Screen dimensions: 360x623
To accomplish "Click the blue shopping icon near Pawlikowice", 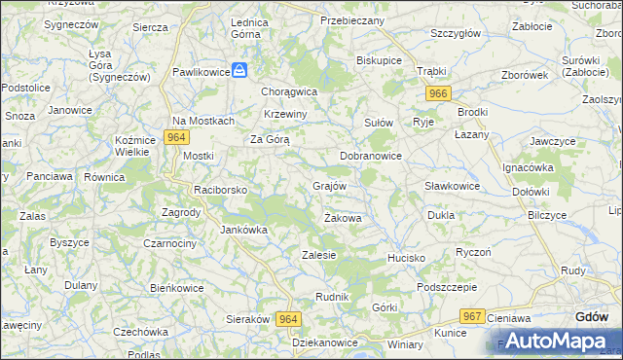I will pyautogui.click(x=242, y=71).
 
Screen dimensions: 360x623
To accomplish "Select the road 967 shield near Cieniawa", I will pyautogui.click(x=473, y=316).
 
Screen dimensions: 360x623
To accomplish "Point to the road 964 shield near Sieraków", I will pyautogui.click(x=288, y=319).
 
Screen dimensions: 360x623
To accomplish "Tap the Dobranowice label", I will pyautogui.click(x=371, y=156).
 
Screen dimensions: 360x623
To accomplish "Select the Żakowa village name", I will pyautogui.click(x=343, y=218).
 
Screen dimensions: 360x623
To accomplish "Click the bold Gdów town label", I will pyautogui.click(x=592, y=316).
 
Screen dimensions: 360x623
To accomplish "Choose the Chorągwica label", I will pyautogui.click(x=289, y=91).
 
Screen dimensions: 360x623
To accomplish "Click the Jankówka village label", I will pyautogui.click(x=243, y=230).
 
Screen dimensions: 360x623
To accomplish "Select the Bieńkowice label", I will pyautogui.click(x=176, y=288).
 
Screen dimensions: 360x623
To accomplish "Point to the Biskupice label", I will pyautogui.click(x=380, y=59).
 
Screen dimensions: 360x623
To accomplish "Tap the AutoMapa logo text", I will pyautogui.click(x=553, y=341).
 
